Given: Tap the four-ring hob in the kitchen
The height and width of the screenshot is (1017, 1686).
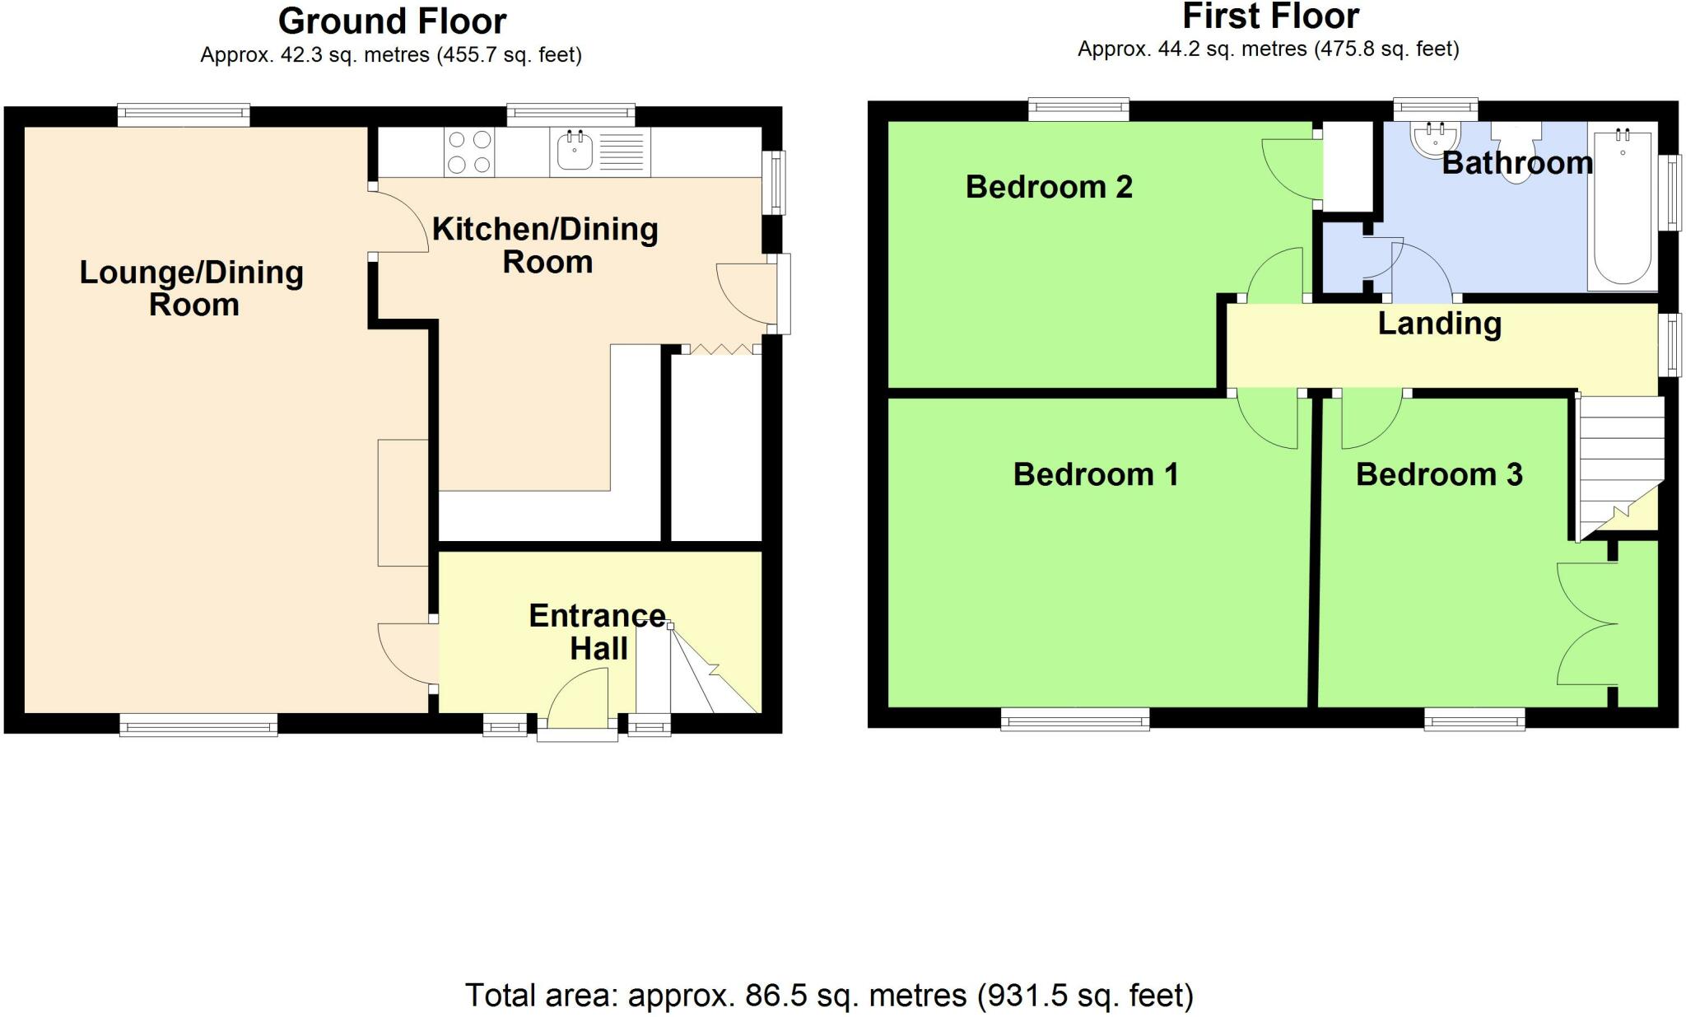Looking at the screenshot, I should pos(469,152).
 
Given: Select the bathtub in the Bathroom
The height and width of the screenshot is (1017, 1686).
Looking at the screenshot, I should pos(1623,207).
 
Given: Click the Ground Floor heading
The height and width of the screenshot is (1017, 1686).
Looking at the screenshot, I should pos(392,21).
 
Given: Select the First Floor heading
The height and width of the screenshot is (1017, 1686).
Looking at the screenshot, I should pos(1270,16).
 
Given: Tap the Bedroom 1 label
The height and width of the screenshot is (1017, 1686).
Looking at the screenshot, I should pos(1095,474).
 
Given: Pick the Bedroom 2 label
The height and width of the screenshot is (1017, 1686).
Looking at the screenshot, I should pos(1049,187).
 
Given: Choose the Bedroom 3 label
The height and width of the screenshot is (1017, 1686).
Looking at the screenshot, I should pos(1439,474).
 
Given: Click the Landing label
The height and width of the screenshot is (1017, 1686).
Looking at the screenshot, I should pos(1439,324).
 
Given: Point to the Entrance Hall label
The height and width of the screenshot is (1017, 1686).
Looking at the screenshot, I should pos(598,632).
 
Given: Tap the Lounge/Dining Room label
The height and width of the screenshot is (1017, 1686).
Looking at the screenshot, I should pos(192,288).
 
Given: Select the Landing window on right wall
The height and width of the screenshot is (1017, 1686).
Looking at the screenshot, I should pos(1670,345).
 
